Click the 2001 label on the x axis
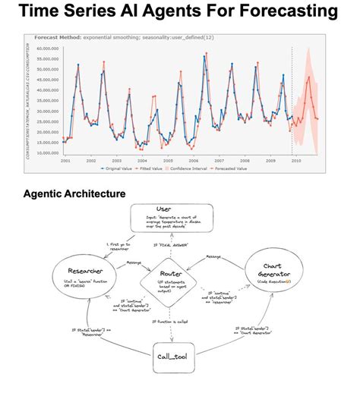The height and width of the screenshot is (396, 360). coord(65,160)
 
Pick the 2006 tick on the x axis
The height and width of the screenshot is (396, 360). coord(193,160)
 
